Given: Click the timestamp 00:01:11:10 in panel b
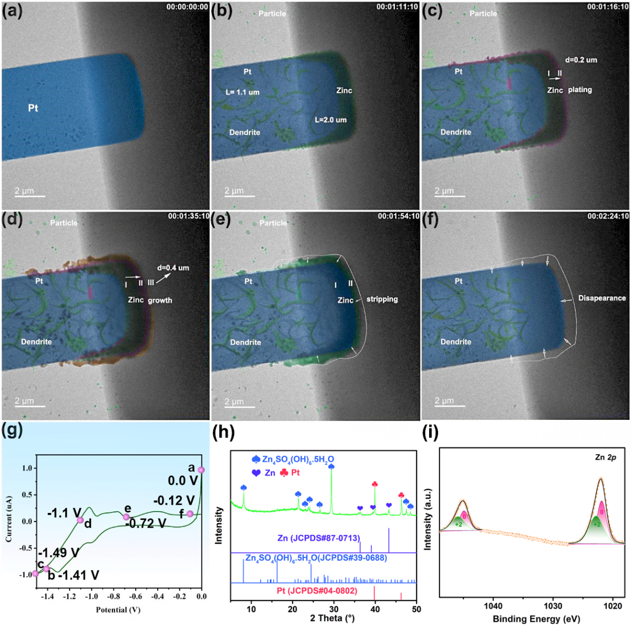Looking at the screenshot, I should pos(397,7).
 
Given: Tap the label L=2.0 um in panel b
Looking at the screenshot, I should pos(330,120).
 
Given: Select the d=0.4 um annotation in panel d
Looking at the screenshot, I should pos(173,268).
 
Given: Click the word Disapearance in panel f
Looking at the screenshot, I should pos(602,298).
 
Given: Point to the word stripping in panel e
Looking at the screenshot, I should pos(382,299).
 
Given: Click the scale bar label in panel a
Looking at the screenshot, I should pos(24,191).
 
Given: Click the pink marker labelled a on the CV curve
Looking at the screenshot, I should pos(201,470).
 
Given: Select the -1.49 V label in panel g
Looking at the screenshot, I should pos(59,553).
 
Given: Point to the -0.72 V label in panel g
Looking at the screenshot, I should pos(146,523).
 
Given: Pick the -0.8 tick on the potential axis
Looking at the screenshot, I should pos(113,597).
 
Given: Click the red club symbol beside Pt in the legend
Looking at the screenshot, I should pos(284,472).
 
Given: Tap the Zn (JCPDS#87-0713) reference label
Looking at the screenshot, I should pos(318,538).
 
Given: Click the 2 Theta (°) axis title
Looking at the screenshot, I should pos(332,618).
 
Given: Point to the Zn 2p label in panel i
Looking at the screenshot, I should pos(606,457).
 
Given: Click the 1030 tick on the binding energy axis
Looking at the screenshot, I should pos(553,606).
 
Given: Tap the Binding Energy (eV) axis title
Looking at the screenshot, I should pos(536,619).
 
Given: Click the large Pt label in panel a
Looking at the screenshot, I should pos(33,108).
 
